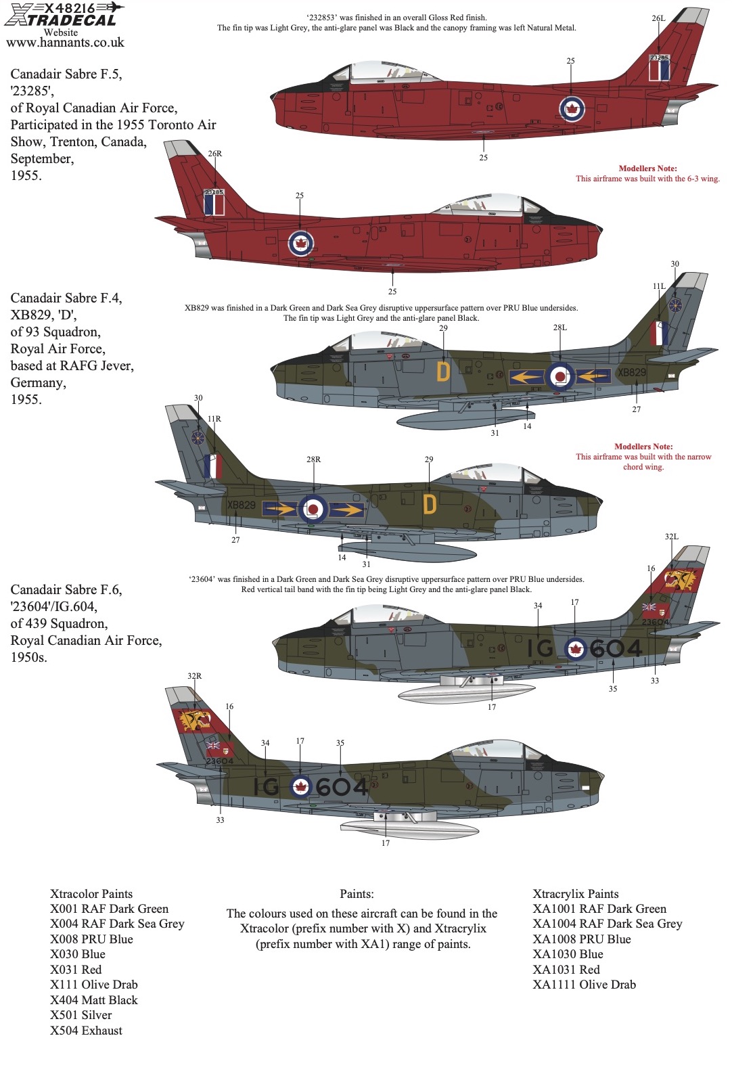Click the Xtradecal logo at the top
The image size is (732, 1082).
pos(64,14)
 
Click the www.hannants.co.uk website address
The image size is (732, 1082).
pos(65,43)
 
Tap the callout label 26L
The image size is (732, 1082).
pos(658,18)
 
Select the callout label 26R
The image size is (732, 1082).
pos(215,154)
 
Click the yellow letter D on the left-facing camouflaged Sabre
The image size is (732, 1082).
pos(442,371)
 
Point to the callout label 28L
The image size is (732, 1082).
pos(560,328)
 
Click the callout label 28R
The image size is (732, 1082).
pos(313,459)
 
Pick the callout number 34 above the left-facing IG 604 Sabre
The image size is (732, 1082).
pos(538,606)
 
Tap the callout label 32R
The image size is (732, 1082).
pos(195,676)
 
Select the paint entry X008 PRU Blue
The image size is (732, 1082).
pos(92,939)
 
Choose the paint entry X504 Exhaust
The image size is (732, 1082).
pos(87,1031)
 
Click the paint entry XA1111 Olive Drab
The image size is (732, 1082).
pos(585,985)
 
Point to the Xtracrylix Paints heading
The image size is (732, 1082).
pos(576,894)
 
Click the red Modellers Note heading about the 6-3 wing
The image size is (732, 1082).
pos(648,168)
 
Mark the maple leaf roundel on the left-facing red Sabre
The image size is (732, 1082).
pos(572,109)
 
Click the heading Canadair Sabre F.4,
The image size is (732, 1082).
pos(66,298)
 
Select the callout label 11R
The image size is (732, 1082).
pos(214,419)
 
